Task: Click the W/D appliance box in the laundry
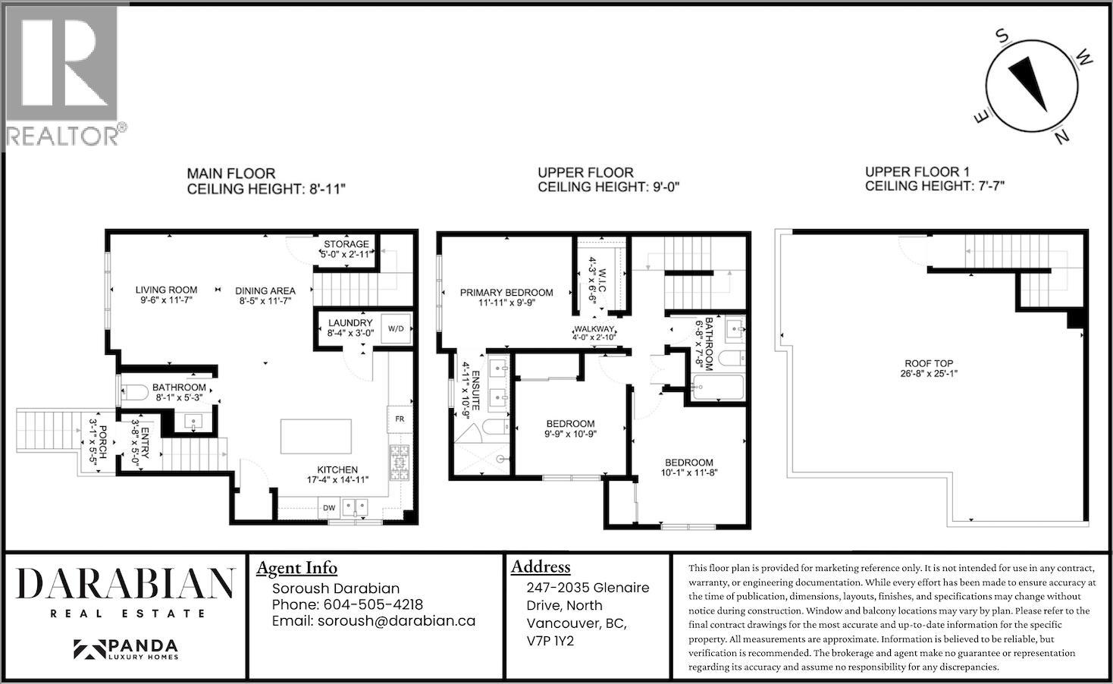point(397,328)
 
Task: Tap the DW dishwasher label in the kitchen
point(329,508)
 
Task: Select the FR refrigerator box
point(400,419)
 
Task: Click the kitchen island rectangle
point(316,436)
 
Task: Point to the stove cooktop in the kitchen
point(399,463)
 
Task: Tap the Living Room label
point(166,290)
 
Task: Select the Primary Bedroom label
point(506,292)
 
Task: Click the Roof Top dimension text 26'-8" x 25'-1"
point(930,373)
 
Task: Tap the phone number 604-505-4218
point(373,604)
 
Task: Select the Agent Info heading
point(296,568)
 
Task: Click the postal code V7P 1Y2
point(550,641)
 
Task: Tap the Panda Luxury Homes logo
point(126,649)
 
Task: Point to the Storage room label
point(346,244)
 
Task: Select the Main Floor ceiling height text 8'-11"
point(327,189)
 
